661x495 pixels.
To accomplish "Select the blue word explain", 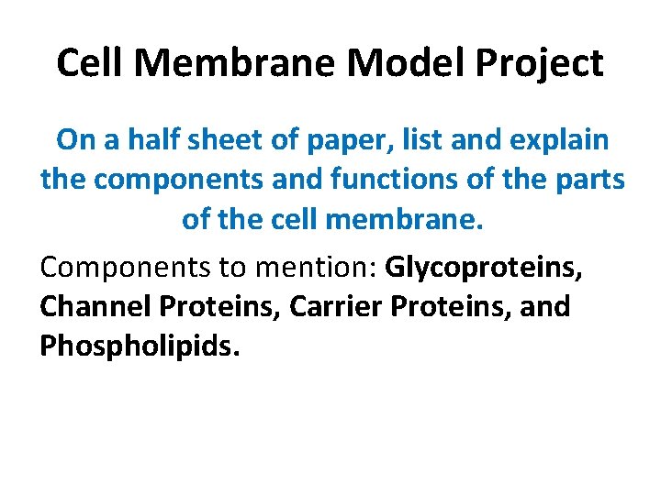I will (555, 141).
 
